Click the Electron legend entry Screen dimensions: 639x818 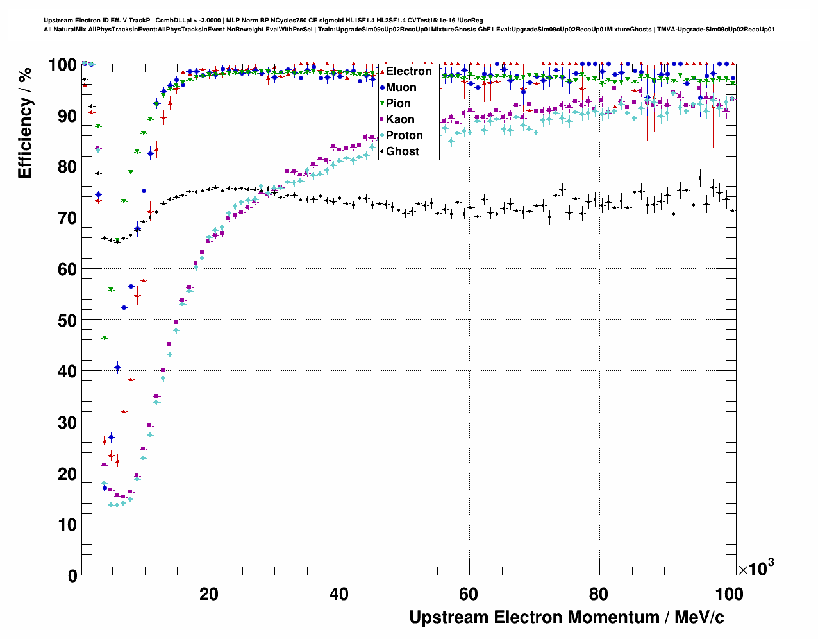408,71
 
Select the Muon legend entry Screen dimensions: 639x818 401,87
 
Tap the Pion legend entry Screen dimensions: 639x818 398,103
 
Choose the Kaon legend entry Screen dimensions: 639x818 400,119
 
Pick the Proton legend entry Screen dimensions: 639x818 404,135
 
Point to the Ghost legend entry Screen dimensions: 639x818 402,151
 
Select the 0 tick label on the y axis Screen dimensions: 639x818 72,575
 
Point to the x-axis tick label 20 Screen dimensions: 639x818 208,593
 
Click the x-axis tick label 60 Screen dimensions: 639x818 469,593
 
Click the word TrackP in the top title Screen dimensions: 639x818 141,21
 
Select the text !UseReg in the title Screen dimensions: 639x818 470,21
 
